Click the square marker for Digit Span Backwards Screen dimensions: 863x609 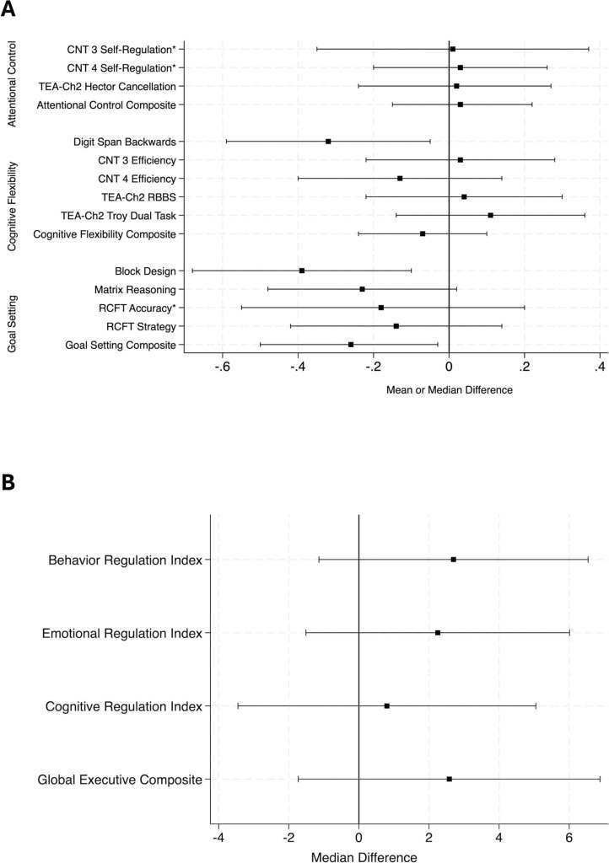point(328,142)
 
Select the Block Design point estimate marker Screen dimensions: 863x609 point(302,271)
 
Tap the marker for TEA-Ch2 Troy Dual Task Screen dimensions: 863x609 point(490,215)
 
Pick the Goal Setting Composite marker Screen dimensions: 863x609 point(351,345)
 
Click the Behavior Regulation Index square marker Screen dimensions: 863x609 point(454,560)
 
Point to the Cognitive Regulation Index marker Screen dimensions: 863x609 point(387,705)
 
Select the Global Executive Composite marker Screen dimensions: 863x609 point(450,779)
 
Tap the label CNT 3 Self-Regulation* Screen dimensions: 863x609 point(121,49)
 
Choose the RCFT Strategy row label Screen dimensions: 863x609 point(141,326)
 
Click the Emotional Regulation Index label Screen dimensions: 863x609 point(122,633)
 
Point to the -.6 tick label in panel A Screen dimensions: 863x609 point(223,367)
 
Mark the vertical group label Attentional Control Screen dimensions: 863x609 point(13,77)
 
